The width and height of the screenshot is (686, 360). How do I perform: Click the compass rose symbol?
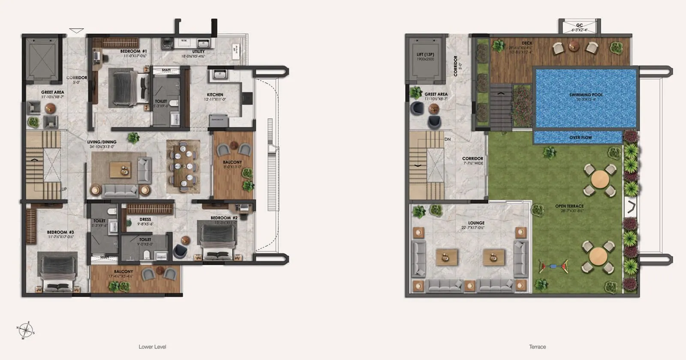coord(26,330)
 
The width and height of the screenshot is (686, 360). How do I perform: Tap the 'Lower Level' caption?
coord(152,347)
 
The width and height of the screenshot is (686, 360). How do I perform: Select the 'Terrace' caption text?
coord(537,347)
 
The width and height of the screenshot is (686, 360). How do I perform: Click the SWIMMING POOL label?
coord(586,95)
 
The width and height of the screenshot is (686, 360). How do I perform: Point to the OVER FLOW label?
coord(581,138)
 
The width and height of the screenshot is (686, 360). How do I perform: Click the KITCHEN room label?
coord(215,95)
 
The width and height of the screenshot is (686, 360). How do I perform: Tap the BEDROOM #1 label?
coord(133,51)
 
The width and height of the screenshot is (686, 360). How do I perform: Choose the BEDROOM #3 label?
coord(60,232)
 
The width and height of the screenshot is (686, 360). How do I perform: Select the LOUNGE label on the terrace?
coord(476,223)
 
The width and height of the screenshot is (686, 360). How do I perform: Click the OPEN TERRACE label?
coord(569,206)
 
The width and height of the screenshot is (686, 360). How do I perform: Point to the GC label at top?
coord(579,26)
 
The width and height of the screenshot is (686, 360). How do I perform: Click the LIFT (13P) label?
coord(425,54)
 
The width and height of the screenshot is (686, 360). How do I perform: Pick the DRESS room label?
coord(145,219)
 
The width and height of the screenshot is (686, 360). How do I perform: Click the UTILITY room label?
coord(198,51)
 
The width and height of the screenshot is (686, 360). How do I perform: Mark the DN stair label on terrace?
coord(448,139)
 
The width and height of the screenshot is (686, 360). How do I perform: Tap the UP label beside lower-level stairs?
coord(64,189)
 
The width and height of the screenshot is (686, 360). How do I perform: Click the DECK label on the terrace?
coord(527,43)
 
